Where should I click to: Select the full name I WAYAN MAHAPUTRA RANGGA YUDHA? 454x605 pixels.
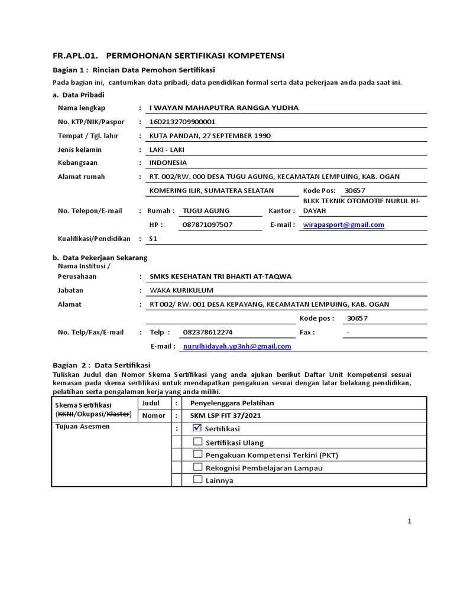click(224, 108)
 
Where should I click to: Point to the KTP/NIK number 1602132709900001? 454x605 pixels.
click(183, 122)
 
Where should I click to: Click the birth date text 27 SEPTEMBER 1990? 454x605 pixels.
click(236, 136)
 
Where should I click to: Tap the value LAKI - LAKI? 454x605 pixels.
click(167, 149)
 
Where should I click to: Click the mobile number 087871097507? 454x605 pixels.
click(207, 225)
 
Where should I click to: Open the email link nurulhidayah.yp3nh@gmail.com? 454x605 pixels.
click(237, 346)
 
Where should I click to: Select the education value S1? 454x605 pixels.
click(154, 239)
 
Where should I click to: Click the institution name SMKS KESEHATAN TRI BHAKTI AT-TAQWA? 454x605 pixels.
click(220, 276)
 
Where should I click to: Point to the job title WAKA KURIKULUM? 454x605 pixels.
click(181, 290)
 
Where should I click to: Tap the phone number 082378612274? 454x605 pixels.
click(207, 332)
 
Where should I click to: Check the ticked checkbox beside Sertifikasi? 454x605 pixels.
click(197, 428)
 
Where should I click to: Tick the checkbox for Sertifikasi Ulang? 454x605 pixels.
click(197, 442)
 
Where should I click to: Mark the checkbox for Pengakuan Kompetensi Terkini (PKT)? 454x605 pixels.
click(197, 455)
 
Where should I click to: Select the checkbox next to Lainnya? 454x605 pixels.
click(197, 480)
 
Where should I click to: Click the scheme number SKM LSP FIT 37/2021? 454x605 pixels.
click(225, 415)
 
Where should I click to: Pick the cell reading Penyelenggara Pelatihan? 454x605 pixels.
click(232, 403)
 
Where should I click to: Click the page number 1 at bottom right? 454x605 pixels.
click(408, 521)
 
